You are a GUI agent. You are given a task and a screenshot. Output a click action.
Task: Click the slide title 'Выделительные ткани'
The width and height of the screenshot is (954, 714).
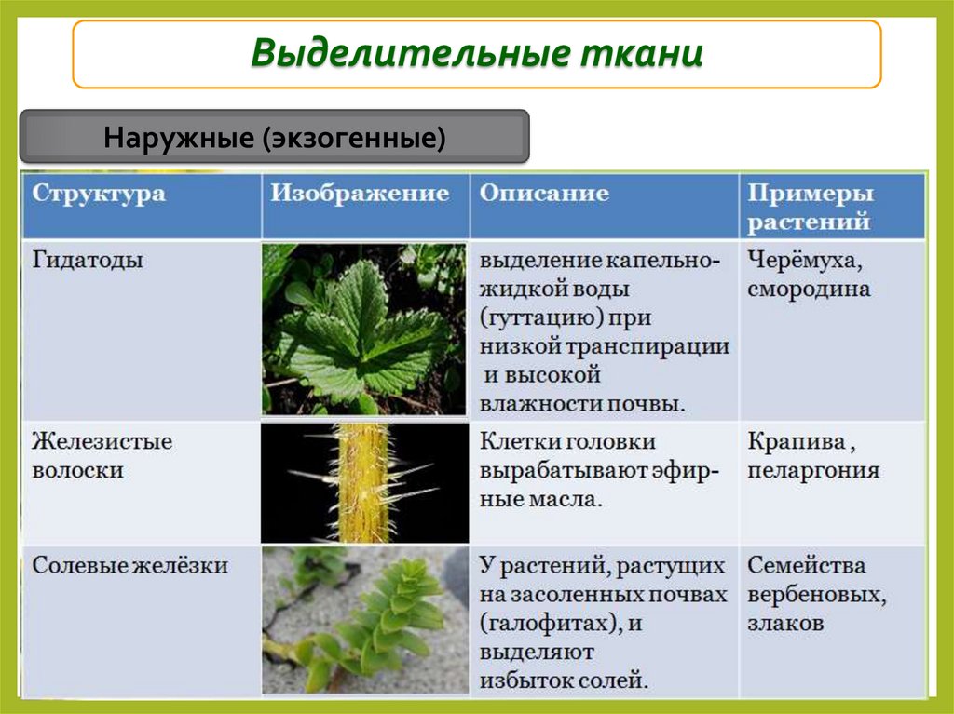(476, 54)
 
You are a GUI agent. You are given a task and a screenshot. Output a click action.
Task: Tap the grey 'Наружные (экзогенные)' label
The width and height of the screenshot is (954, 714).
(275, 139)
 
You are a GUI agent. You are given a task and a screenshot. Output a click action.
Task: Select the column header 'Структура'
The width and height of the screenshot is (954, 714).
(99, 195)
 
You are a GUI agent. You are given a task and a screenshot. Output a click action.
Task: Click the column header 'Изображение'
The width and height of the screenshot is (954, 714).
(360, 194)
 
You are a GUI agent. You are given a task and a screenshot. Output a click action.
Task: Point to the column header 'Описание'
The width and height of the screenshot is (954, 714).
(544, 194)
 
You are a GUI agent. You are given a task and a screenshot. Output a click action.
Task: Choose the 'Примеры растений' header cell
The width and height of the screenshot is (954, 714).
(811, 208)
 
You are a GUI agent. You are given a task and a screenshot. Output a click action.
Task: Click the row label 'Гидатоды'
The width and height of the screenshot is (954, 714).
(88, 261)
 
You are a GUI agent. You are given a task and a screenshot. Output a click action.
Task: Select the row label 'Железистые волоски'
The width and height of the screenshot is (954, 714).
(102, 455)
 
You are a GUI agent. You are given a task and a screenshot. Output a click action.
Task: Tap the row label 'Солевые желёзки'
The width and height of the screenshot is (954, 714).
(130, 565)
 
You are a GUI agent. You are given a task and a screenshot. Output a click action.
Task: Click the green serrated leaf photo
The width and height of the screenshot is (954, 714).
(363, 329)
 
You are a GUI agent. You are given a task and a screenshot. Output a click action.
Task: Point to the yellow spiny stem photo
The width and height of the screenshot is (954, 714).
(363, 483)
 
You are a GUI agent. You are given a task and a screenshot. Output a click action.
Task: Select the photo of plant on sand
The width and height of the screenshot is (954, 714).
(363, 619)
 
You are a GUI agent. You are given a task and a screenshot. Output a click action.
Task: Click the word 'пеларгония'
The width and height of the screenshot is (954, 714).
(812, 470)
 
